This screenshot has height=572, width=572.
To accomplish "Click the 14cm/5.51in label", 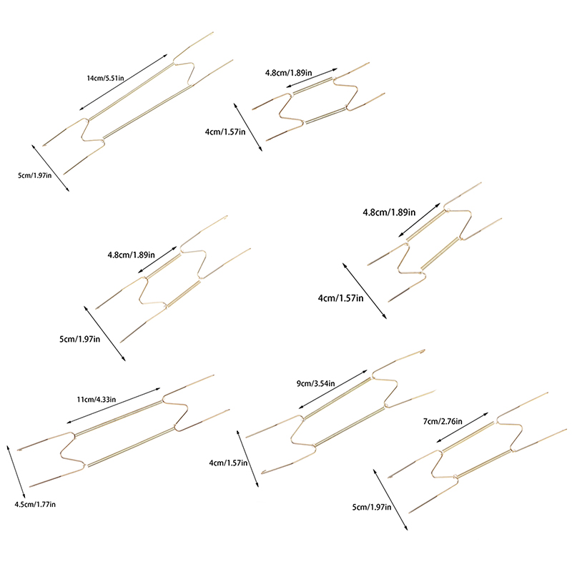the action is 105,78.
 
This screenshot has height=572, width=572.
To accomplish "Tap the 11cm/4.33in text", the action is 97,400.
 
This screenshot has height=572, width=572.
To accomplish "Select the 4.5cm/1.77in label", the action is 35,504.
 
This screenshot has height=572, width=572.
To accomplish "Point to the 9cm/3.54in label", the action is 315,383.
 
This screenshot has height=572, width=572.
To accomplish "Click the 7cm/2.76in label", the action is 443,421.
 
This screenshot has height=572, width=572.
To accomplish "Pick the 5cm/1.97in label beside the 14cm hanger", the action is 34,175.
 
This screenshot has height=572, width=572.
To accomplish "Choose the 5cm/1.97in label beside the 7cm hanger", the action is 372,507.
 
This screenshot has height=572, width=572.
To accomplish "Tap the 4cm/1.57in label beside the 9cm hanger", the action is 228,463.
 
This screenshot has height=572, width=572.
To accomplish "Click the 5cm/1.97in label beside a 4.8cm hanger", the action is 79,339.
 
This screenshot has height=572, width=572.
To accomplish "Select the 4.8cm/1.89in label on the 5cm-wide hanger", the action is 131,255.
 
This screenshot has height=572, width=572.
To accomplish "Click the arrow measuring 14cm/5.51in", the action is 123,82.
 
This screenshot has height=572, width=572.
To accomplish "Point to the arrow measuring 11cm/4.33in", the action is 114,405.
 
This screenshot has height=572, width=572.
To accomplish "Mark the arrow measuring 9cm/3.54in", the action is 332,389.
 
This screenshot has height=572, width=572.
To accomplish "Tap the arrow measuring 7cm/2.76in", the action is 462,428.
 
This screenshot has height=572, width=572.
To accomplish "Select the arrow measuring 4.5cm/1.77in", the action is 16,472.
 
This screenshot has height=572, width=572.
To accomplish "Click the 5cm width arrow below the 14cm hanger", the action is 50,168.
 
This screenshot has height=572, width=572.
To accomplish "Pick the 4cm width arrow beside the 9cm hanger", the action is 247,458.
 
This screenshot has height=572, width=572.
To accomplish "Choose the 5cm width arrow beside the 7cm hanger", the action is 390,499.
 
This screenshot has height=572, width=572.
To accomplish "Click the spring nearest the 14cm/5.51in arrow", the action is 131,92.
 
